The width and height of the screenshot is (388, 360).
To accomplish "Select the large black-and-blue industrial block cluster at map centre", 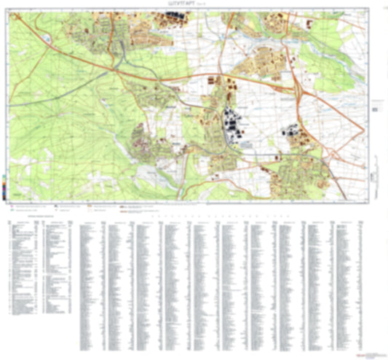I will pyautogui.click(x=235, y=126).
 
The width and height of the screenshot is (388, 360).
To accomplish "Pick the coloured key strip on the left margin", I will pyautogui.click(x=6, y=184).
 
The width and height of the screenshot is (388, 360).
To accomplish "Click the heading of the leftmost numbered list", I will pyautogui.click(x=36, y=217).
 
